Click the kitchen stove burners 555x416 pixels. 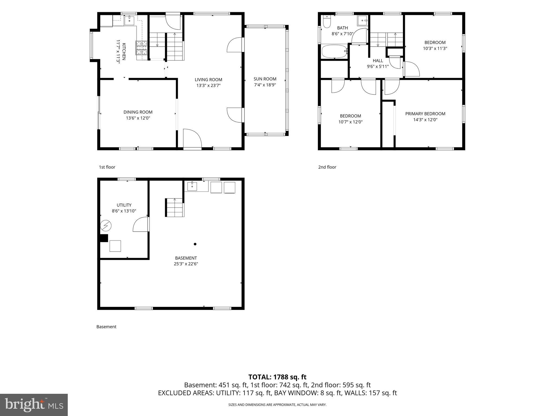click(142, 48)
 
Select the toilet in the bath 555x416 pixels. click(327, 22)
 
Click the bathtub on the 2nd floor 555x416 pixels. click(335, 51)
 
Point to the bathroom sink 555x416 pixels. click(362, 20)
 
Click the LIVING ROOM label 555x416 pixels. click(208, 80)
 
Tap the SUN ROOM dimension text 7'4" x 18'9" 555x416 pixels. click(265, 85)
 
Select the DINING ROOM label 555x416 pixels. click(138, 112)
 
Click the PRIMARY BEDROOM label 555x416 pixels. click(425, 114)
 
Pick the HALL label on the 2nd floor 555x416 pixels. click(378, 61)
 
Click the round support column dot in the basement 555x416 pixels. click(195, 244)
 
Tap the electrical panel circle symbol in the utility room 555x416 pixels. click(106, 225)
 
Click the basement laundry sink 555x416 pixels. click(192, 186)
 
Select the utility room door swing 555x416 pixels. click(141, 224)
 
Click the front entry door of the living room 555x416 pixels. click(192, 139)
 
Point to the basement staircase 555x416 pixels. click(175, 207)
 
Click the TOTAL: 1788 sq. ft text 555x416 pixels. click(277, 377)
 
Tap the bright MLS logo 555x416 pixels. click(34, 405)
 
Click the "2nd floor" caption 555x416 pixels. click(327, 167)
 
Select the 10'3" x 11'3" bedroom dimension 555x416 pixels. click(435, 48)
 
